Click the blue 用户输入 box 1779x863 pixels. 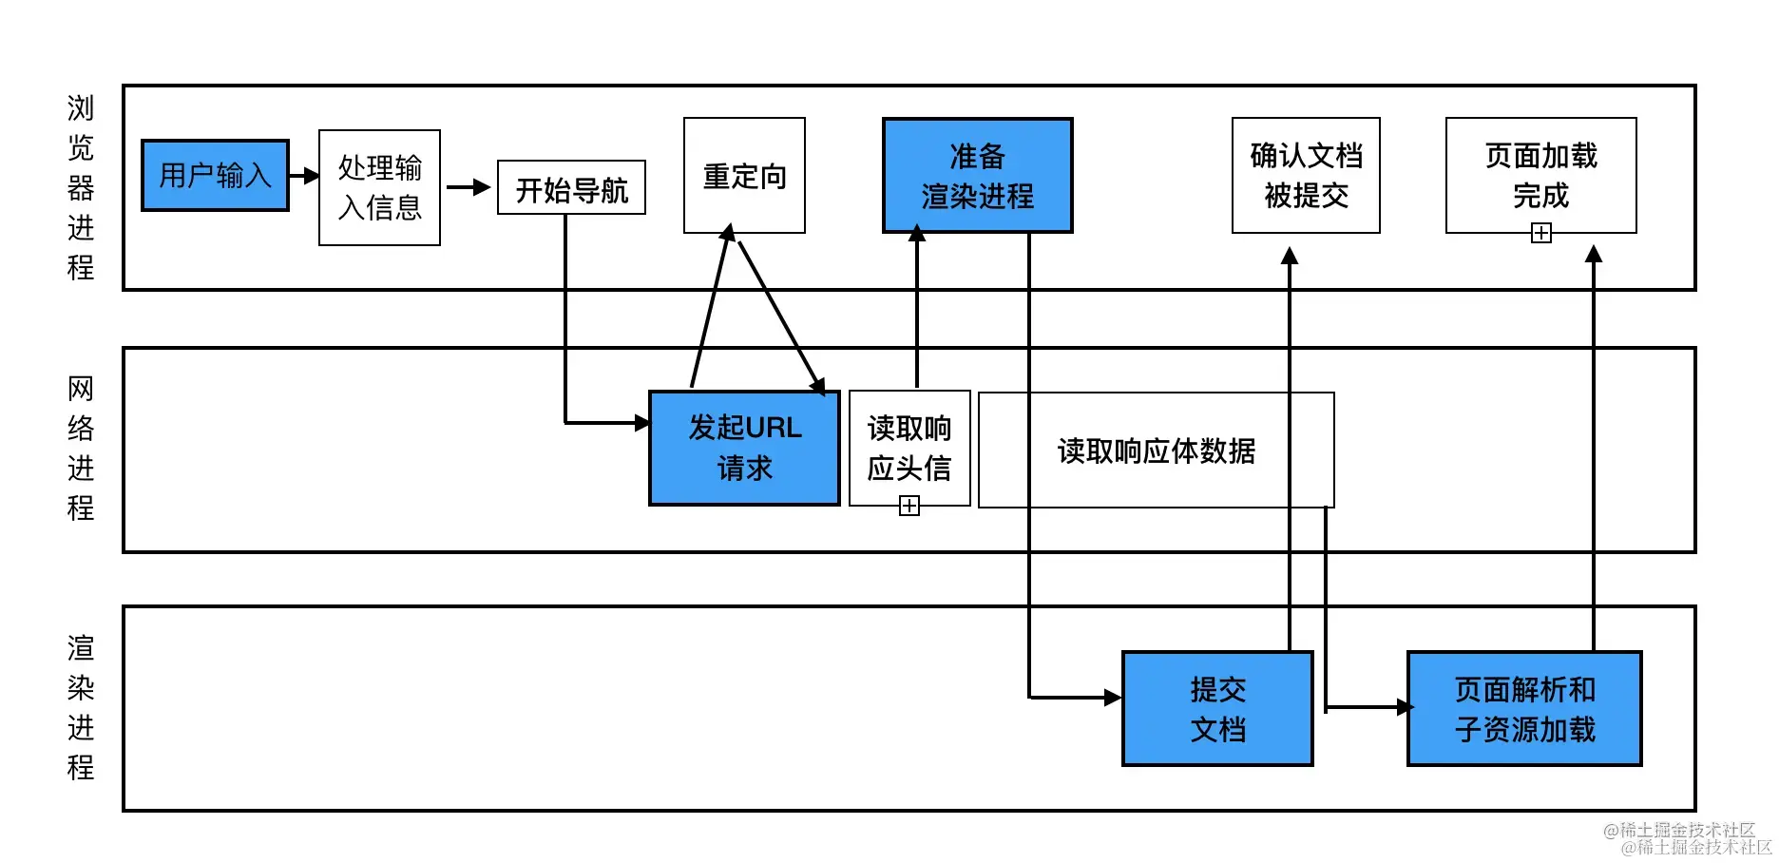[x=215, y=176]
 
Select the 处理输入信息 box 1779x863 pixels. [x=379, y=187]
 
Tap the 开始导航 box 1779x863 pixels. [x=571, y=188]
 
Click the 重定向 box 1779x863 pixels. [x=744, y=176]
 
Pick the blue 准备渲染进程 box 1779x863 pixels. [x=977, y=176]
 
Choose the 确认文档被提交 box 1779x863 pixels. [x=1306, y=176]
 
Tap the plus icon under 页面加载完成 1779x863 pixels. [x=1541, y=234]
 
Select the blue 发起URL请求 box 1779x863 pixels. [x=744, y=448]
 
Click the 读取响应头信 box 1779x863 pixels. [x=909, y=447]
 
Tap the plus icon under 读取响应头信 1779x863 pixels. [x=909, y=507]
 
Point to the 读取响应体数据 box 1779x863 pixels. [x=1156, y=451]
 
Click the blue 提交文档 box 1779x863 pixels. [x=1217, y=709]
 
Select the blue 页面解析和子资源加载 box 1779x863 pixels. [x=1524, y=709]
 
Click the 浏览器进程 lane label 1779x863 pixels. [x=81, y=187]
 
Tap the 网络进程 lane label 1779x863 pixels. [x=81, y=448]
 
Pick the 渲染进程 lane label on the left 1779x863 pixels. [x=81, y=708]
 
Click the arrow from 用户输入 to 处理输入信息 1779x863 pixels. [x=304, y=176]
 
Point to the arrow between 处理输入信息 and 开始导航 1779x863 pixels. [x=469, y=187]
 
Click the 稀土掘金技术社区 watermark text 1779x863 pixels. [x=1688, y=838]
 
